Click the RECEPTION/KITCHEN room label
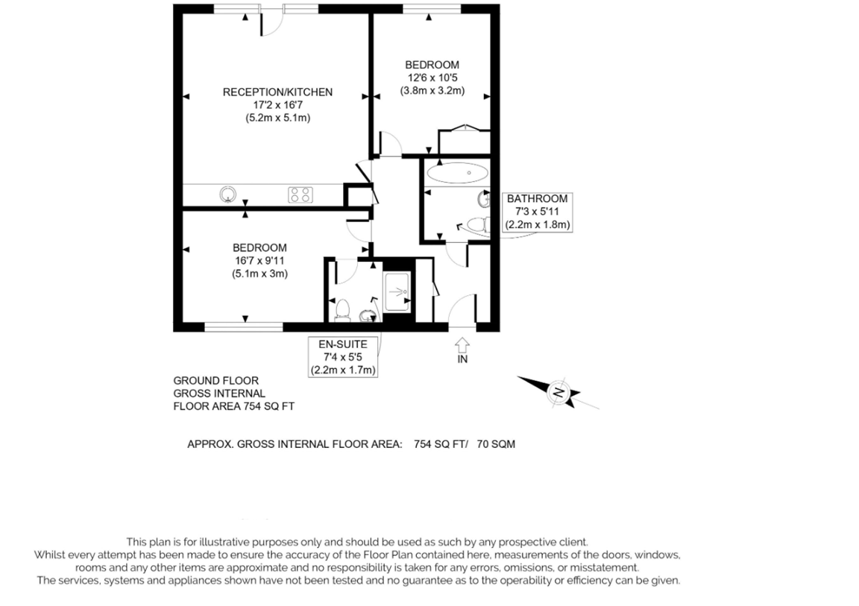tap(277, 92)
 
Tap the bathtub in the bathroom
tap(457, 174)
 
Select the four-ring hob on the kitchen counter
tap(301, 195)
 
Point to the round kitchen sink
tap(228, 195)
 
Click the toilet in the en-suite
tap(343, 309)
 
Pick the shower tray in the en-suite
tap(397, 291)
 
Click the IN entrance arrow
tap(462, 345)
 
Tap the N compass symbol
tap(558, 392)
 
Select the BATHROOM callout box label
tap(538, 211)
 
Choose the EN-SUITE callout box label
tap(343, 357)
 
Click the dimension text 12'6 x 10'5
tap(432, 78)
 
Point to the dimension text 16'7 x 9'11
tap(259, 261)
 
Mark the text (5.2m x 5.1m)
tap(277, 118)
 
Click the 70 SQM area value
tap(496, 444)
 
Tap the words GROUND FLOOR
tap(215, 380)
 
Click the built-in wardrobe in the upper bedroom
tap(465, 141)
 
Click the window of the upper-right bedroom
tap(432, 9)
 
